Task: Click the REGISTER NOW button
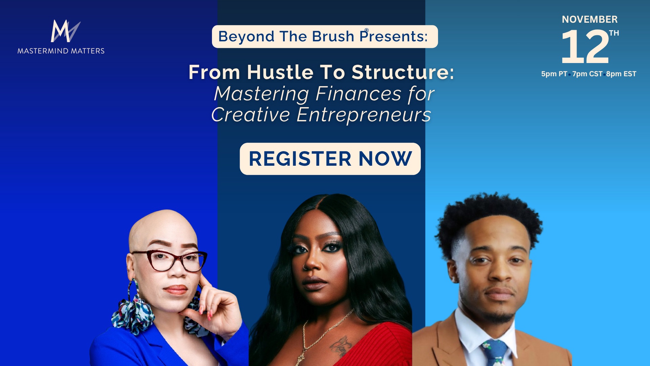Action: pyautogui.click(x=330, y=159)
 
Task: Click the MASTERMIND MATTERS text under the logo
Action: pyautogui.click(x=61, y=51)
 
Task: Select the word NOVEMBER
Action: pyautogui.click(x=590, y=19)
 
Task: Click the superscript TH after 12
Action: pyautogui.click(x=614, y=33)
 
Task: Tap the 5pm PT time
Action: pyautogui.click(x=554, y=74)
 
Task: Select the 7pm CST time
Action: pyautogui.click(x=587, y=74)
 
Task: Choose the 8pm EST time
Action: pyautogui.click(x=621, y=74)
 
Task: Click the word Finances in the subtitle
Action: pyautogui.click(x=359, y=94)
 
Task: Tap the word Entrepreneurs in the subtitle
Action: pyautogui.click(x=364, y=115)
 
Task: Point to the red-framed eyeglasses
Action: pyautogui.click(x=169, y=261)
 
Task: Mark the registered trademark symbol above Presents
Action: pyautogui.click(x=366, y=30)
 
